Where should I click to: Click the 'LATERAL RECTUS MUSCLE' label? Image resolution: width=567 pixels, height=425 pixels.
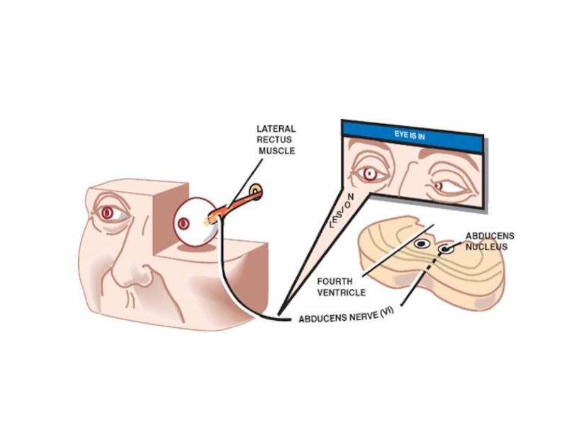[x=276, y=140]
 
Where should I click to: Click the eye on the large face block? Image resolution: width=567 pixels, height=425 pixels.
[x=108, y=212]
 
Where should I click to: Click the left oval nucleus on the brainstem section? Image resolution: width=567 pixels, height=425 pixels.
[x=421, y=244]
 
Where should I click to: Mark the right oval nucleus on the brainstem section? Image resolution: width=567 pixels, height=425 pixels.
[x=446, y=249]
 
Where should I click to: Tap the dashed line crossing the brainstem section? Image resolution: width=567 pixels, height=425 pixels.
[x=428, y=276]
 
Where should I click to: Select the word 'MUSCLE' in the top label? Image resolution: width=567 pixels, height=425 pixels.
[x=277, y=151]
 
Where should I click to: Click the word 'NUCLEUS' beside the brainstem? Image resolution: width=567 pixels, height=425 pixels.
[x=486, y=247]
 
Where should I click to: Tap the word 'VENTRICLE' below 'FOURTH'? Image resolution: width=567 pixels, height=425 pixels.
[x=341, y=292]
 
